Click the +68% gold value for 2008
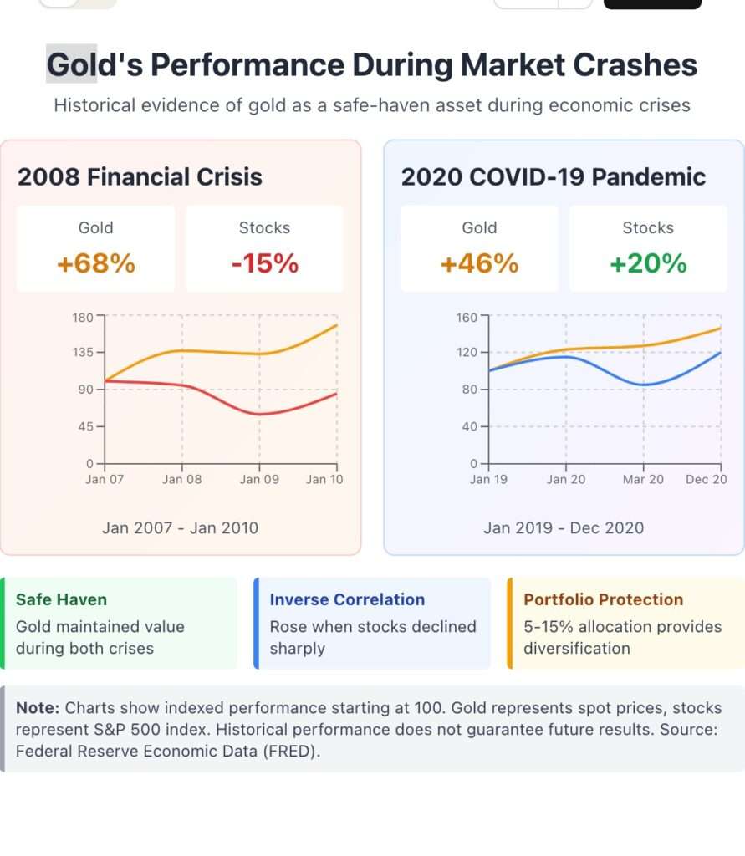tap(95, 264)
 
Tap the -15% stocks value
tap(264, 264)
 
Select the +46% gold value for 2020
tap(479, 264)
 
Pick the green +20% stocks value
tap(648, 264)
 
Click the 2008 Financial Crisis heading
tap(140, 177)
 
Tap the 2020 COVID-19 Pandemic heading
tap(553, 177)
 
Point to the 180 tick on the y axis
tap(83, 317)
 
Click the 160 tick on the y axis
tap(467, 317)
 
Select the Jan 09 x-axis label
tap(259, 479)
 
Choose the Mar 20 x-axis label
tap(643, 479)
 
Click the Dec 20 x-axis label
tap(707, 479)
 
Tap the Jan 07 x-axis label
tap(105, 479)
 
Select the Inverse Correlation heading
tap(347, 599)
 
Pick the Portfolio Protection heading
tap(603, 599)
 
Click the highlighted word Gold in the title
tap(72, 64)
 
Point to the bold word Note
tap(38, 707)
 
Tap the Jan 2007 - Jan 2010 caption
tap(180, 527)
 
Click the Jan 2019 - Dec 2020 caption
tap(564, 527)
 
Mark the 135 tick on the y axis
tap(83, 352)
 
